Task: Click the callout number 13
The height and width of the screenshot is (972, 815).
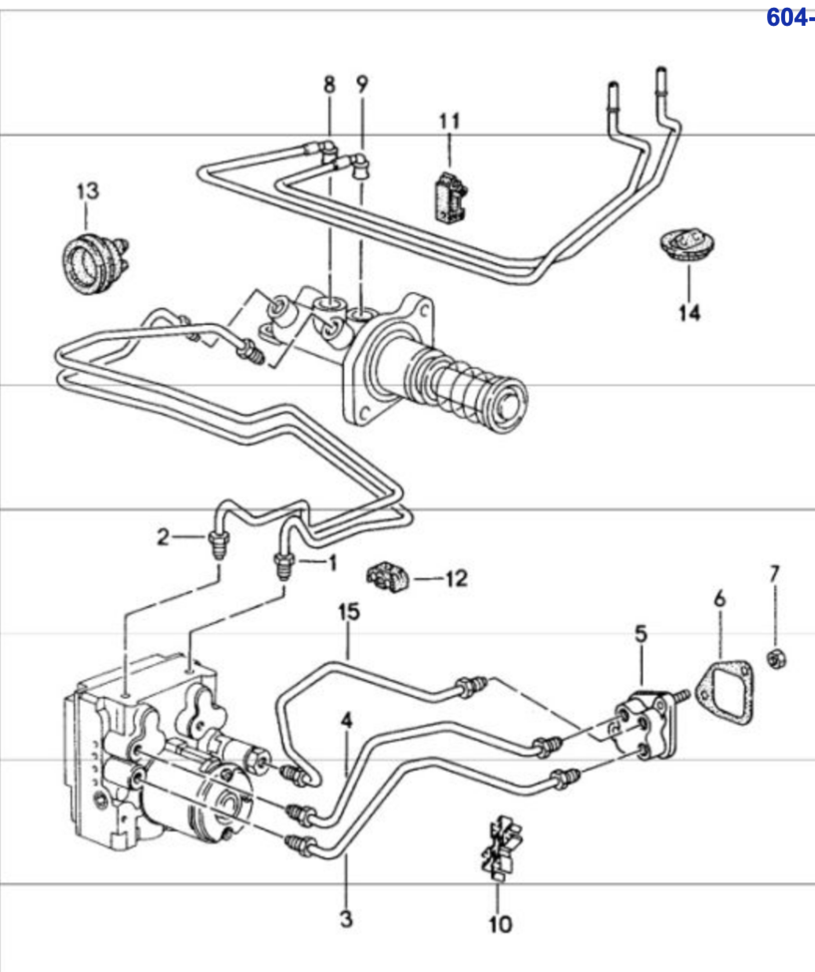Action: click(x=88, y=191)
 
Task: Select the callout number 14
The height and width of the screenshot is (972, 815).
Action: click(x=688, y=313)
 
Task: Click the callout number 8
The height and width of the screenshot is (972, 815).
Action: click(x=329, y=85)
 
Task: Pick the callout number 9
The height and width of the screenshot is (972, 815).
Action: click(x=362, y=84)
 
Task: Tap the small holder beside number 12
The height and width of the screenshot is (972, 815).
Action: click(x=388, y=575)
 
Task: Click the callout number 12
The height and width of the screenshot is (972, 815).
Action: click(x=456, y=579)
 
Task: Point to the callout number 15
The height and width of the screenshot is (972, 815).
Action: click(x=349, y=612)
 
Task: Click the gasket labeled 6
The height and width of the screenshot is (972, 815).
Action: click(x=724, y=693)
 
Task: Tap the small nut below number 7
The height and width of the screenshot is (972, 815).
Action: click(x=775, y=658)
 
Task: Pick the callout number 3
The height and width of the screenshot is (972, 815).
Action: click(x=346, y=918)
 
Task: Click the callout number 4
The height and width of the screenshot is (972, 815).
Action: click(x=346, y=721)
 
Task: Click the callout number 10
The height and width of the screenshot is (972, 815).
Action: click(x=501, y=925)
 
